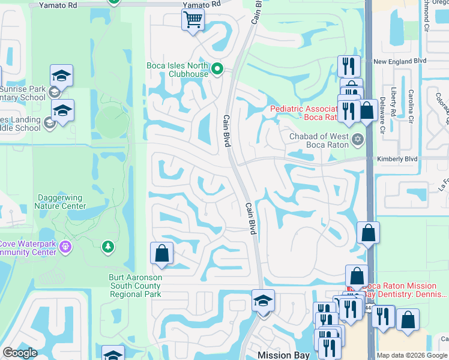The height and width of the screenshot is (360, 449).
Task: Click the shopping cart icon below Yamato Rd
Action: (193, 20)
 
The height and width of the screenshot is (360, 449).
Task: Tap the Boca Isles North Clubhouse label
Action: (177, 70)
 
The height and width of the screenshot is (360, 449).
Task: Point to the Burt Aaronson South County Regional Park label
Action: (134, 286)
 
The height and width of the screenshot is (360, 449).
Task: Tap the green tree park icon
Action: (107, 247)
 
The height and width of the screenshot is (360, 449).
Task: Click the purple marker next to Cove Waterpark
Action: (65, 247)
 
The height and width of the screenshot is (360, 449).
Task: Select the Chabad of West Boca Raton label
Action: (319, 140)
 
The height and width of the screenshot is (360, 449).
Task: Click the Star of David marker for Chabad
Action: (358, 140)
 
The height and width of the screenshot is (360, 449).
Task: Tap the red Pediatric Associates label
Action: (304, 113)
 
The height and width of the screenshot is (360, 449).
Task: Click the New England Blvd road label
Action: (399, 61)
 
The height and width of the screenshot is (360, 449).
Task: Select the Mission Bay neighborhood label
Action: (283, 355)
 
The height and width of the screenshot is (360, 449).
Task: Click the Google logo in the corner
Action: (20, 353)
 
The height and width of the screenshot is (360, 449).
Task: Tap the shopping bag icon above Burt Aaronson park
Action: (161, 253)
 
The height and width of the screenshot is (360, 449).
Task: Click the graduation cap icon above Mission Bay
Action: (262, 300)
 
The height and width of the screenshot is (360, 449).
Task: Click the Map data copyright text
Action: (412, 355)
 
